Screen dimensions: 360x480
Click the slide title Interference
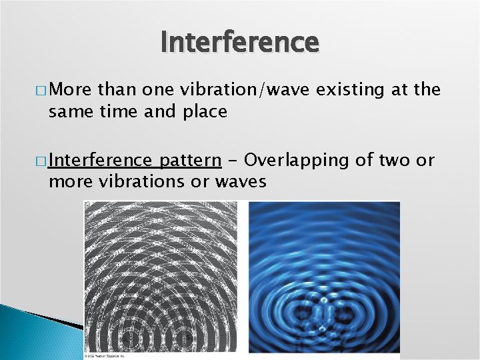coord(240,42)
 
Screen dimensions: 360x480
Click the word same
coord(69,111)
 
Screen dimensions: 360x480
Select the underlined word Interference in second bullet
coord(99,160)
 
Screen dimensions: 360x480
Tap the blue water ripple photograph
coord(324,277)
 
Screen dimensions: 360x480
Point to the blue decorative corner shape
coord(33,327)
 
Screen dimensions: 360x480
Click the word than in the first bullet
coord(110,89)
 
